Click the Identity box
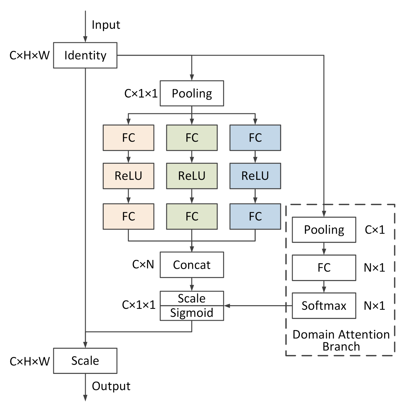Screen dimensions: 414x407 [85, 55]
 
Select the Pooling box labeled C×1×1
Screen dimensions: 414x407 [192, 93]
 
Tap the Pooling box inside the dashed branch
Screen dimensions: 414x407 [324, 230]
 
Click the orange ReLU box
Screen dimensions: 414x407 [128, 176]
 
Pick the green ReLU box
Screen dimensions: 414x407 [192, 176]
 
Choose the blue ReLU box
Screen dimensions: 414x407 [255, 176]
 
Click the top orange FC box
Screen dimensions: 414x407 [128, 138]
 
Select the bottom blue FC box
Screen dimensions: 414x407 [255, 216]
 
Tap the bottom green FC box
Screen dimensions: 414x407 [192, 216]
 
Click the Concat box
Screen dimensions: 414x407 [192, 265]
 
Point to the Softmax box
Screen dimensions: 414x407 [324, 306]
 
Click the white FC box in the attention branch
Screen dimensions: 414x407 [324, 268]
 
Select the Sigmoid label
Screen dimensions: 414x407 [192, 313]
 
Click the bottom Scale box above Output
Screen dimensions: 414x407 [85, 361]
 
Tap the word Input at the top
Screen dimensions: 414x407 [106, 25]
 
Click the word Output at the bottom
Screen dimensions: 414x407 [111, 386]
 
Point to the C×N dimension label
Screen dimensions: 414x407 [143, 265]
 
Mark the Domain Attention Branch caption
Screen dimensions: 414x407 [341, 340]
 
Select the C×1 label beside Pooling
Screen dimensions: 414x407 [375, 230]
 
